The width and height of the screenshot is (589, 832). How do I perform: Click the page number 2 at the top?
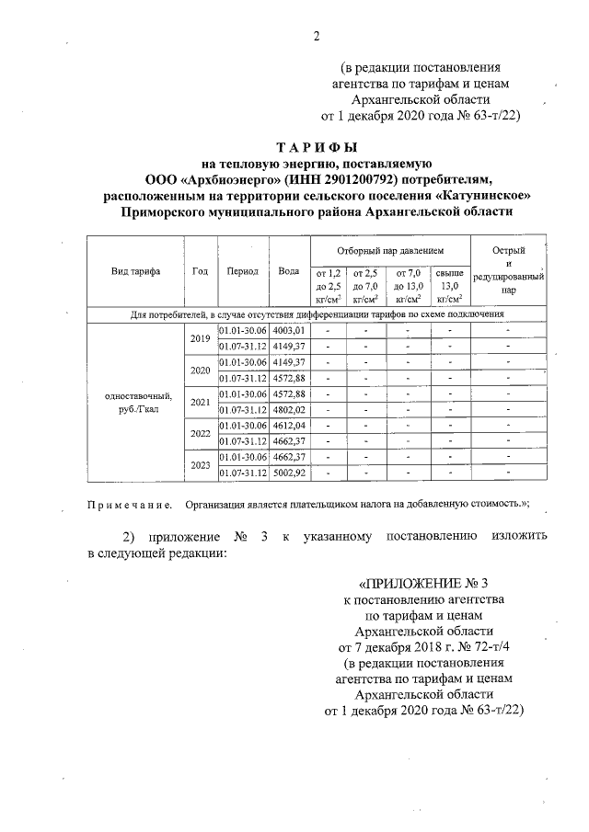(x=316, y=37)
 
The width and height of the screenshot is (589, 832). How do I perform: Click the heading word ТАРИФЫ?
(x=316, y=148)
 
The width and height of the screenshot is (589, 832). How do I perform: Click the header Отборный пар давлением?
(x=390, y=250)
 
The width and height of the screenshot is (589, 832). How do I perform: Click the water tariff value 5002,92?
(x=289, y=473)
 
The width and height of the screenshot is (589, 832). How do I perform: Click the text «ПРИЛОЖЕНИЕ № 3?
(x=422, y=583)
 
